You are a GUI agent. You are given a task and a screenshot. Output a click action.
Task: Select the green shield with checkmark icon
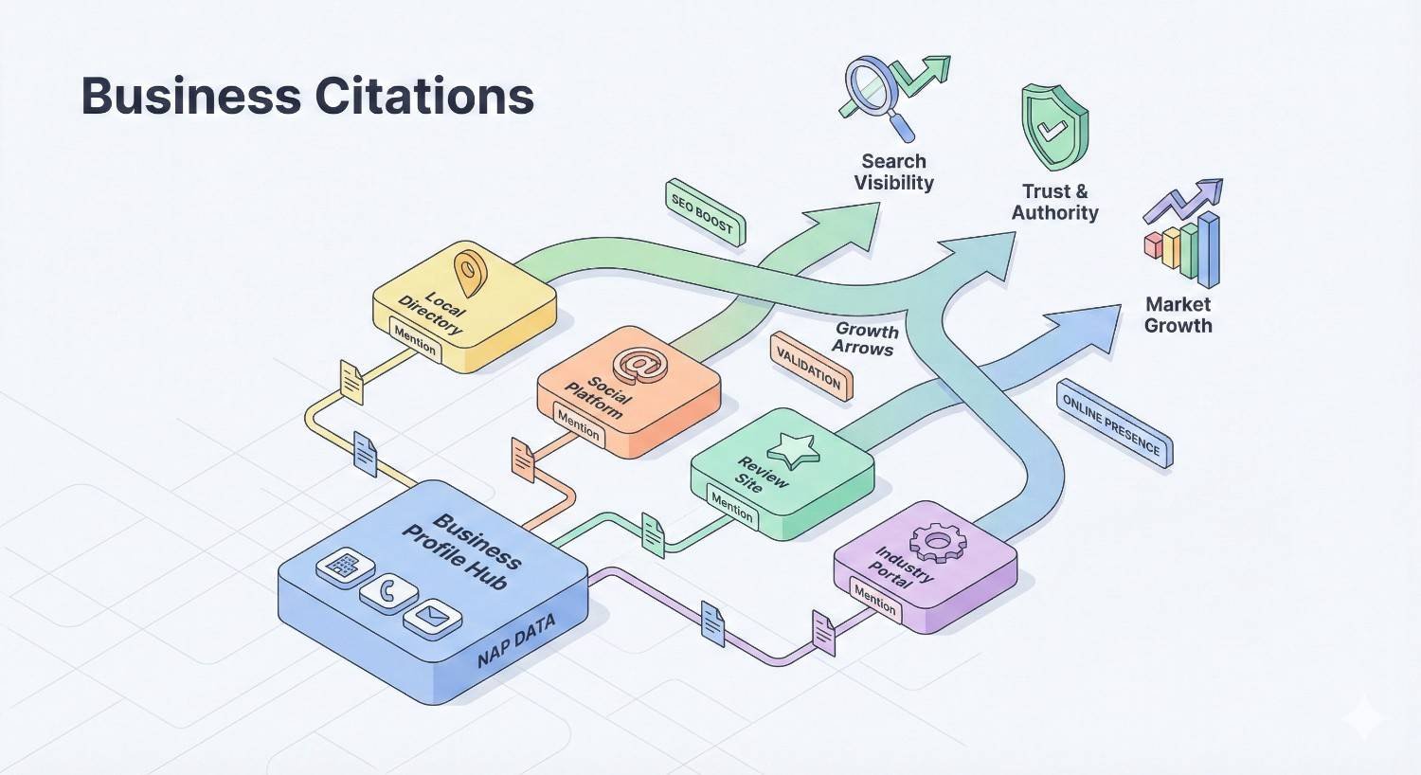coord(1053,127)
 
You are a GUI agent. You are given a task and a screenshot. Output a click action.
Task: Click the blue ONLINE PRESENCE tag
coord(1113,424)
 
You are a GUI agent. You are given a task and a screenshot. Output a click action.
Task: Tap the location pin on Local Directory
coord(469,272)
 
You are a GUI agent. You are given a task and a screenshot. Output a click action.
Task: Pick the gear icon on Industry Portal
coord(936,542)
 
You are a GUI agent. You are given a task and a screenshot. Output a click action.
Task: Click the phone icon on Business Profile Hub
coord(388,593)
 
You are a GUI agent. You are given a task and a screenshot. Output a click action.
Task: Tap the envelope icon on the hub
coord(432,619)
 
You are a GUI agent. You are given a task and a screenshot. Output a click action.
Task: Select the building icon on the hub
coord(343,568)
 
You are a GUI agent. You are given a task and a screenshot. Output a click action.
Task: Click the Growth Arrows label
coord(865,338)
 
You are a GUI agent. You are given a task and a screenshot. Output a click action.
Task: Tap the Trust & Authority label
coord(1054,202)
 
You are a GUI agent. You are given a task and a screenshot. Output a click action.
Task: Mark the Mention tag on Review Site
coord(731,508)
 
